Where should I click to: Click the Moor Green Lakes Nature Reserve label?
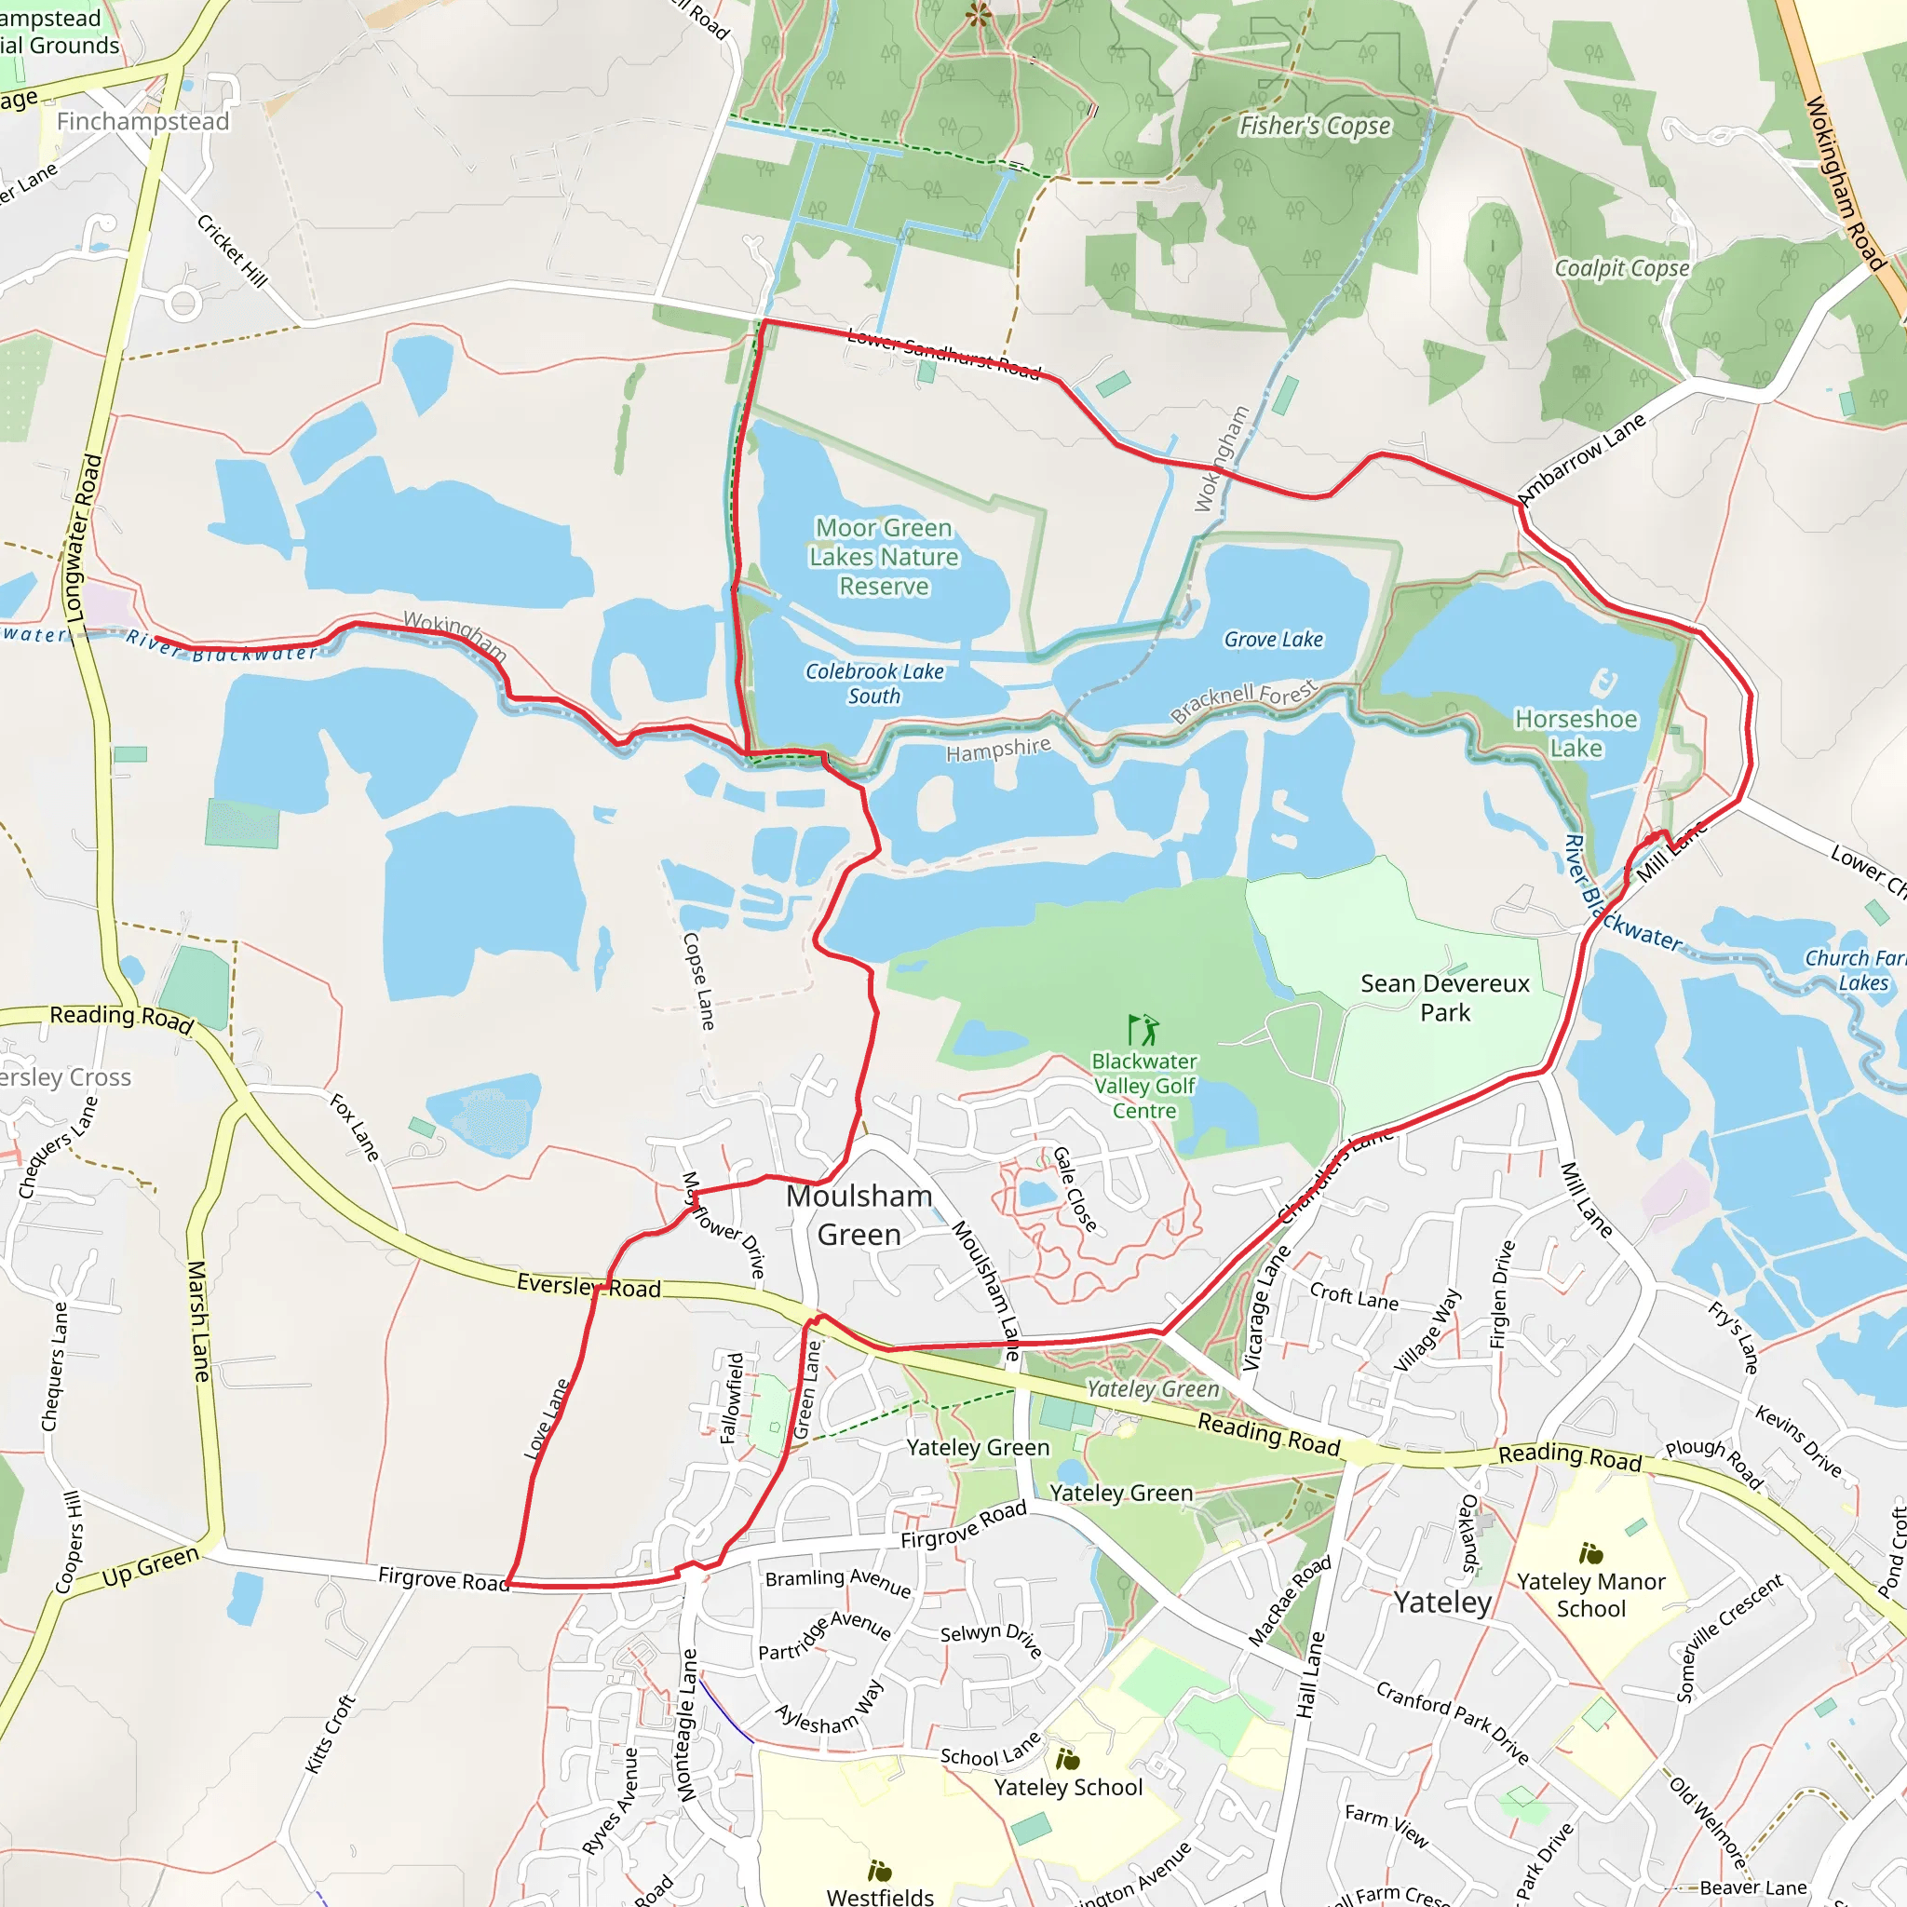point(884,557)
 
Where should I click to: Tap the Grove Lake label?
point(1273,640)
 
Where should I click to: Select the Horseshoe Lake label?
point(1576,734)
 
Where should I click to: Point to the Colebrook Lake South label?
point(874,683)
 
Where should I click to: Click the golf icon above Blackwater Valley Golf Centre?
point(1143,1030)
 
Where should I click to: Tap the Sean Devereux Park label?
point(1445,997)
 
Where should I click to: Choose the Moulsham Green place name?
point(859,1215)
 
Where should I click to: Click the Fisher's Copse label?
point(1315,127)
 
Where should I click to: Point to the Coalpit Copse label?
point(1622,268)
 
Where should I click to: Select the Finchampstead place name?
point(143,121)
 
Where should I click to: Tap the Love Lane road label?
point(546,1419)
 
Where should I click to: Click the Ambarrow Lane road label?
point(1581,458)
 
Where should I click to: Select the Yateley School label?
point(1068,1787)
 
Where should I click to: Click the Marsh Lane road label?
point(198,1320)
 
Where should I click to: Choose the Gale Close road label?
point(1074,1188)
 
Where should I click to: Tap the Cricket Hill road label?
point(232,250)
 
